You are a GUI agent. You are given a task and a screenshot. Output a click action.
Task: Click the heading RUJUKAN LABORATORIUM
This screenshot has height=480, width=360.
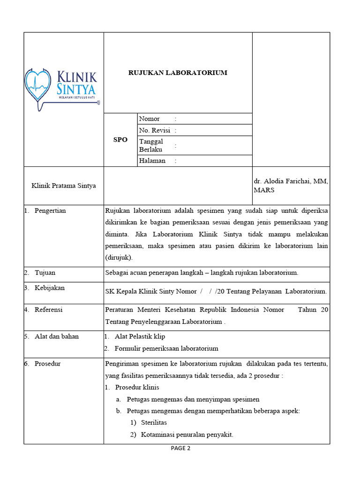178,73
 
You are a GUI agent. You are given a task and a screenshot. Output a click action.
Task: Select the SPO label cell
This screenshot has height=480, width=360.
120,140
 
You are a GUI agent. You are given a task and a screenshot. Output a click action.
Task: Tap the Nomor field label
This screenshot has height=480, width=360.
150,119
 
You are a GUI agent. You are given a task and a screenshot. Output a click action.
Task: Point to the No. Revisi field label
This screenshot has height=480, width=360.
154,130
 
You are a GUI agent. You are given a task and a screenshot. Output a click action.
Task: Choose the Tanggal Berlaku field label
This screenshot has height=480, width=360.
151,145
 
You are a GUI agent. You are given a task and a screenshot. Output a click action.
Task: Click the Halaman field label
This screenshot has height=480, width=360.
152,161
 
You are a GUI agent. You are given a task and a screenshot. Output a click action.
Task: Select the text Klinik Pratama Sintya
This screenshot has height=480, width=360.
63,186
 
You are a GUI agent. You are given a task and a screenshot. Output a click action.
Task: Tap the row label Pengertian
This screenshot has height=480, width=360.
50,210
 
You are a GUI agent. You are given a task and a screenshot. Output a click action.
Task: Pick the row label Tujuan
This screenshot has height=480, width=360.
45,272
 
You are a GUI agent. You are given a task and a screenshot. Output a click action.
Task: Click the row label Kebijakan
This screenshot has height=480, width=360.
49,288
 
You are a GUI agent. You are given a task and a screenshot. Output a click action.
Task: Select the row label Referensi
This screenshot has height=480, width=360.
48,310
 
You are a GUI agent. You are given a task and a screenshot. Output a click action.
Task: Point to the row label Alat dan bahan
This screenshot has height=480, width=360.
57,336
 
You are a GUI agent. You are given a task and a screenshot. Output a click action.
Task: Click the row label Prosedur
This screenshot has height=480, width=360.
47,363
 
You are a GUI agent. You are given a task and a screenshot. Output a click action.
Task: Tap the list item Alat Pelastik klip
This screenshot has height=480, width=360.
140,337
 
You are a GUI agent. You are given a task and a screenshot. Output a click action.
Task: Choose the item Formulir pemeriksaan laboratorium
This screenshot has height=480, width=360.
166,348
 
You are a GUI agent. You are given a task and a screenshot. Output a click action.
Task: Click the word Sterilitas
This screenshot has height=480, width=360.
154,422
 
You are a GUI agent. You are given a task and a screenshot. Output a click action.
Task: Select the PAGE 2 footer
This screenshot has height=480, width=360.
180,448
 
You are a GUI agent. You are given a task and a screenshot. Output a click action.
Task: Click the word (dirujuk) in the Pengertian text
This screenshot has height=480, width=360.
120,257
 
